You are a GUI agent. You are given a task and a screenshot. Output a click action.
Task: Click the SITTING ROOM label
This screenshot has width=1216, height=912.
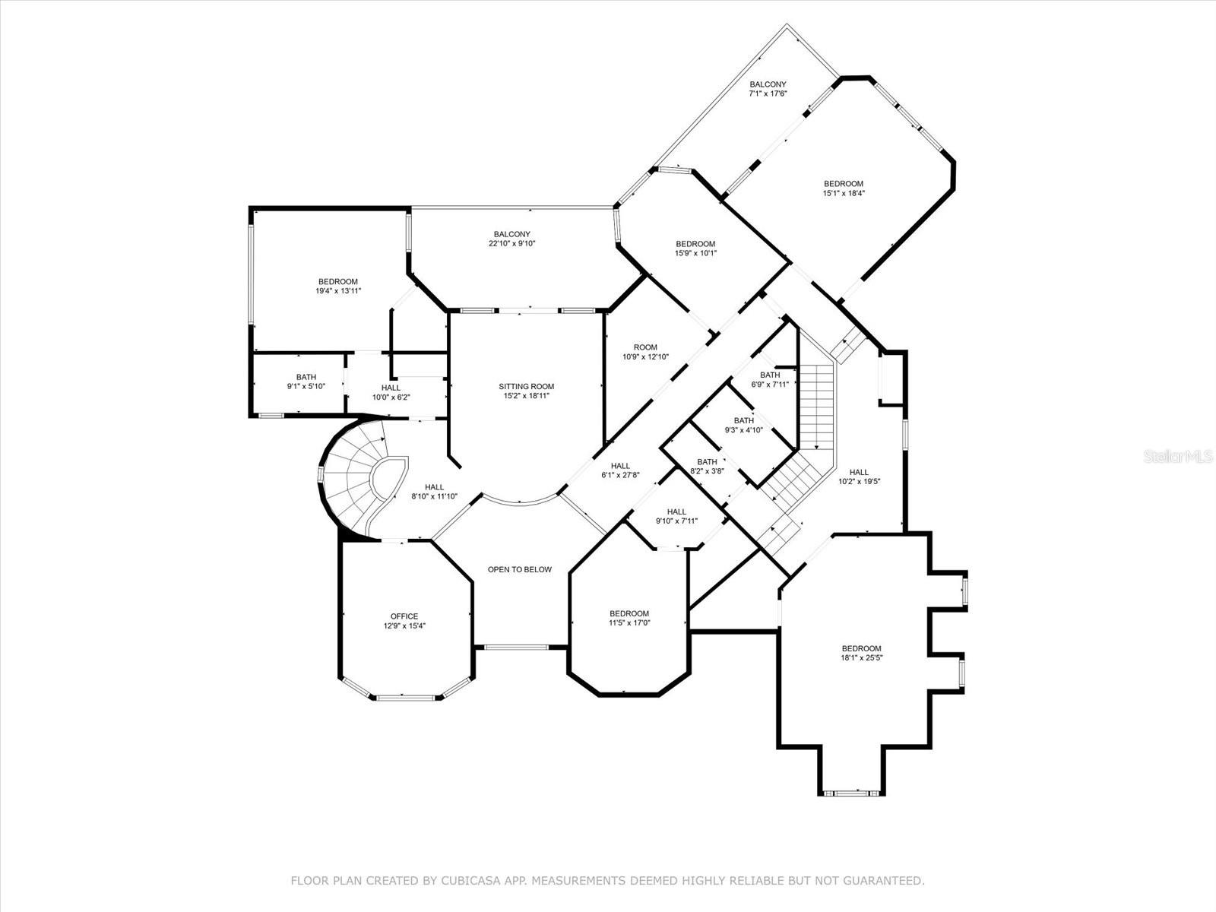point(526,387)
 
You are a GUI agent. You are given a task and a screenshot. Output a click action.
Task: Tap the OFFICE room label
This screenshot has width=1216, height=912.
point(404,616)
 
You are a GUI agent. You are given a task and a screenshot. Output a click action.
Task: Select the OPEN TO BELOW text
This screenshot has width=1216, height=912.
point(520,569)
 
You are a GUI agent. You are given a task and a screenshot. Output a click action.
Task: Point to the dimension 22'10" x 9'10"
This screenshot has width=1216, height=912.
point(511,244)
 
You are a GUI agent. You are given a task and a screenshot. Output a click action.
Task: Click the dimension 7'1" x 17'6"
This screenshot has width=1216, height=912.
point(768,93)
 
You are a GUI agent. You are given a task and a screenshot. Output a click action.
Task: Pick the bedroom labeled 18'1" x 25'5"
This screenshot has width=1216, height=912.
point(861,653)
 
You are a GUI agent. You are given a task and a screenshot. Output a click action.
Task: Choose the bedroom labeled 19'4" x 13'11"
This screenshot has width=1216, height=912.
point(337,286)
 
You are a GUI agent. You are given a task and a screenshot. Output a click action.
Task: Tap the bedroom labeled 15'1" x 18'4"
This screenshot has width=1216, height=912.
point(844,188)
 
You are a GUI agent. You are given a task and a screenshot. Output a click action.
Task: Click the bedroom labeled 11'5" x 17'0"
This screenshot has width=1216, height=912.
point(629,618)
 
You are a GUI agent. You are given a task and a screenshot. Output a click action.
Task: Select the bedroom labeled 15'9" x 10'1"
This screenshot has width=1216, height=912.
point(695,249)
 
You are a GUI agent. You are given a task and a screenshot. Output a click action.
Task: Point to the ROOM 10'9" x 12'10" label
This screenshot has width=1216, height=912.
point(645,352)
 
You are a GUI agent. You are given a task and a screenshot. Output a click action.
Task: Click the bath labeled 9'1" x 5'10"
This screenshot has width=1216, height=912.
point(306,382)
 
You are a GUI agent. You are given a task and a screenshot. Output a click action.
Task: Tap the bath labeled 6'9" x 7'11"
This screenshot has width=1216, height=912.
point(770,379)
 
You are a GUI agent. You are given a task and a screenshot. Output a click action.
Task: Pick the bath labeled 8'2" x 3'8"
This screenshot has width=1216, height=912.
point(707,466)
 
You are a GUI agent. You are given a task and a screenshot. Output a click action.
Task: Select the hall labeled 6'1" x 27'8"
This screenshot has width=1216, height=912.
point(620,470)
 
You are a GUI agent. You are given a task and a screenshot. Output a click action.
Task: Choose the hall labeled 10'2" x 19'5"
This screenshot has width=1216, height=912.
point(859,477)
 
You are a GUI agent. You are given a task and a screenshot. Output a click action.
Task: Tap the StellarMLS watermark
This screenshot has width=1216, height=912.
point(1183,457)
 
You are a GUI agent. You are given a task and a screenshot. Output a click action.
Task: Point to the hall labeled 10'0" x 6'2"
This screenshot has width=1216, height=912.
point(391,392)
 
